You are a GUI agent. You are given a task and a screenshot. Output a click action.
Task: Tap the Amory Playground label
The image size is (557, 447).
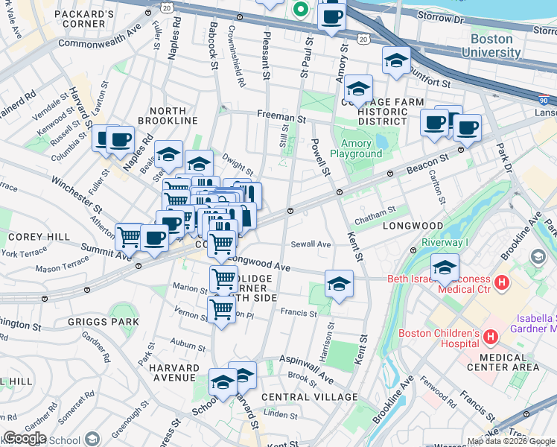(x=361, y=148)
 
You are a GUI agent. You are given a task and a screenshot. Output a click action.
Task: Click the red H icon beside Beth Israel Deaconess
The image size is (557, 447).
(x=502, y=283)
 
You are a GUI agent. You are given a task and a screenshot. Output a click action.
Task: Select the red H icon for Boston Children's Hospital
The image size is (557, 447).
(x=490, y=337)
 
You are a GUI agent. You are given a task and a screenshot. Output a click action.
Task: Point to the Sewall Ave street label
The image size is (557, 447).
(x=311, y=244)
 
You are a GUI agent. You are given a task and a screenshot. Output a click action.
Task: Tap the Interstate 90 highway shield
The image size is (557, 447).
(x=545, y=99)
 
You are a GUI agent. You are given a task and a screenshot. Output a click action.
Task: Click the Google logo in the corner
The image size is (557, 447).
(x=25, y=438)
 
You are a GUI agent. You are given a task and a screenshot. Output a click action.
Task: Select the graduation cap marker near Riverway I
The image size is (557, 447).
(x=445, y=267)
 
